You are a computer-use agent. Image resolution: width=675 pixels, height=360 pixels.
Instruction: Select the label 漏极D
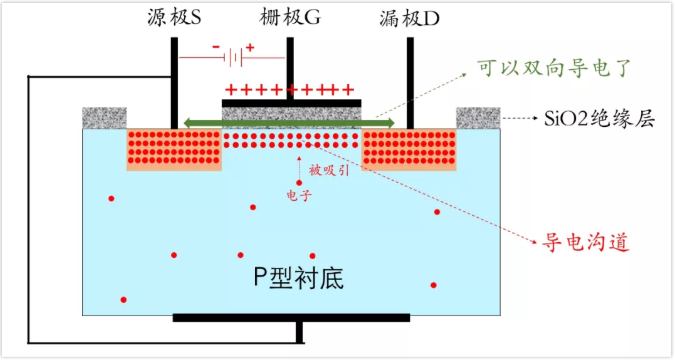409,19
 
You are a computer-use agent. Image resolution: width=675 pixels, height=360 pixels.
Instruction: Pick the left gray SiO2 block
103,118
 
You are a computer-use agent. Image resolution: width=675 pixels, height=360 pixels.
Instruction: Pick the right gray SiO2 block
478,118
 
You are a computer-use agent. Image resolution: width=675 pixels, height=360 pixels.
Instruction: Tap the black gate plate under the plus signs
291,102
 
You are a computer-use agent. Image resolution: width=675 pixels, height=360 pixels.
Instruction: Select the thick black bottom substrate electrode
291,318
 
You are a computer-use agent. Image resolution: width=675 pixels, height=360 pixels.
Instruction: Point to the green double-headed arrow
290,123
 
